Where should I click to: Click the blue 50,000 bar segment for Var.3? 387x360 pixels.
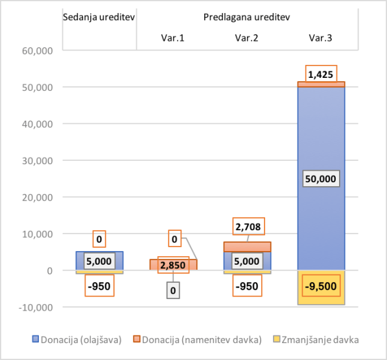click(321, 130)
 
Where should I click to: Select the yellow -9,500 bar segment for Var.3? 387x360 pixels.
click(321, 297)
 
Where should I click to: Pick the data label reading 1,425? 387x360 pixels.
click(320, 75)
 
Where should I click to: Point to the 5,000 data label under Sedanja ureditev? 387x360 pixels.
click(99, 261)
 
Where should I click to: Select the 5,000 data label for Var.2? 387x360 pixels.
click(246, 261)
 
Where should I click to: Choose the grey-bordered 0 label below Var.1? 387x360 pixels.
click(173, 291)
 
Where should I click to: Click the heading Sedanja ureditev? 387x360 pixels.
click(99, 16)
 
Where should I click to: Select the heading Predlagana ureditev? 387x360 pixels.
click(246, 16)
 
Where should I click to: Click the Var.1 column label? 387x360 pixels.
click(173, 38)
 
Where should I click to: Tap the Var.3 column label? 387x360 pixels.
click(320, 38)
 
